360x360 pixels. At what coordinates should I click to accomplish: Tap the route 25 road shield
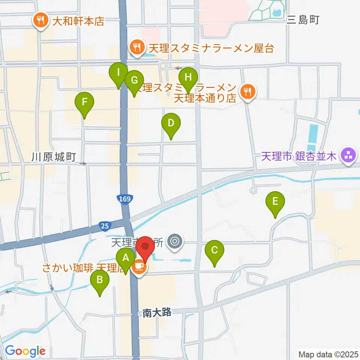pos(105,226)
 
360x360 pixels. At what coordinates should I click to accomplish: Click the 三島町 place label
pos(303,20)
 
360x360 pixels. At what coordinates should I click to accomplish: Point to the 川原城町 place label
pos(54,157)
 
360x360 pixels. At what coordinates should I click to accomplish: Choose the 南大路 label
pos(157,312)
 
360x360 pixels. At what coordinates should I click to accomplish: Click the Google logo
pos(25,351)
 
